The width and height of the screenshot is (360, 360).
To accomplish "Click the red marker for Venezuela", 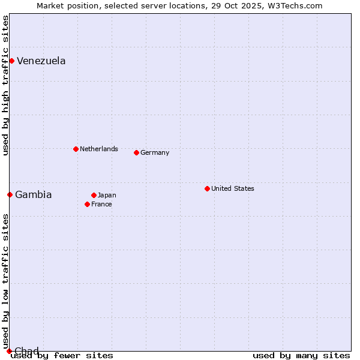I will pyautogui.click(x=11, y=61).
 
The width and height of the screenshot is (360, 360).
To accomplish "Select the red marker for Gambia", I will pyautogui.click(x=10, y=194).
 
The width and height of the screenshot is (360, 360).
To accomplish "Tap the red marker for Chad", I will pyautogui.click(x=9, y=351).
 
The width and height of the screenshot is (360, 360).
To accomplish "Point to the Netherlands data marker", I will pyautogui.click(x=76, y=149).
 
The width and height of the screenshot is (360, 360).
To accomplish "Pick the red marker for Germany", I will pyautogui.click(x=136, y=152).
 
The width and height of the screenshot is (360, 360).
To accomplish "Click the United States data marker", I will pyautogui.click(x=207, y=188).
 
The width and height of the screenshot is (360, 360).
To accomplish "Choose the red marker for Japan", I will pyautogui.click(x=94, y=195).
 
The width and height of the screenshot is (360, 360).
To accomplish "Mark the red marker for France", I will pyautogui.click(x=87, y=204).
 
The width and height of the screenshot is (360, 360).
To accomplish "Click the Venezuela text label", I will pyautogui.click(x=41, y=61).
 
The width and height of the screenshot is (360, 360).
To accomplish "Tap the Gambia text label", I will pyautogui.click(x=33, y=194).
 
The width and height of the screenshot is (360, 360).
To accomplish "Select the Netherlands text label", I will pyautogui.click(x=98, y=149).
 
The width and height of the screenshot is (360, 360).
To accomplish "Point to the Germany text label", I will pyautogui.click(x=155, y=152).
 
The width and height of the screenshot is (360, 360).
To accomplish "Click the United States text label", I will pyautogui.click(x=232, y=188).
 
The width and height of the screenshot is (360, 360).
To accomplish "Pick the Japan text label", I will pyautogui.click(x=107, y=195).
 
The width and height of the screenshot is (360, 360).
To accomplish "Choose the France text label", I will pyautogui.click(x=101, y=204).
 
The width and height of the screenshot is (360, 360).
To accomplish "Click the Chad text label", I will pyautogui.click(x=26, y=350).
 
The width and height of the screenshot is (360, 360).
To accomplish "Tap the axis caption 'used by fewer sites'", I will pyautogui.click(x=62, y=355).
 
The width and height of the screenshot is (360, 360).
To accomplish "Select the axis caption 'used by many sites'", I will pyautogui.click(x=301, y=355).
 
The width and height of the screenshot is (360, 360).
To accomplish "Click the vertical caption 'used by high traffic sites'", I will pyautogui.click(x=5, y=85).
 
